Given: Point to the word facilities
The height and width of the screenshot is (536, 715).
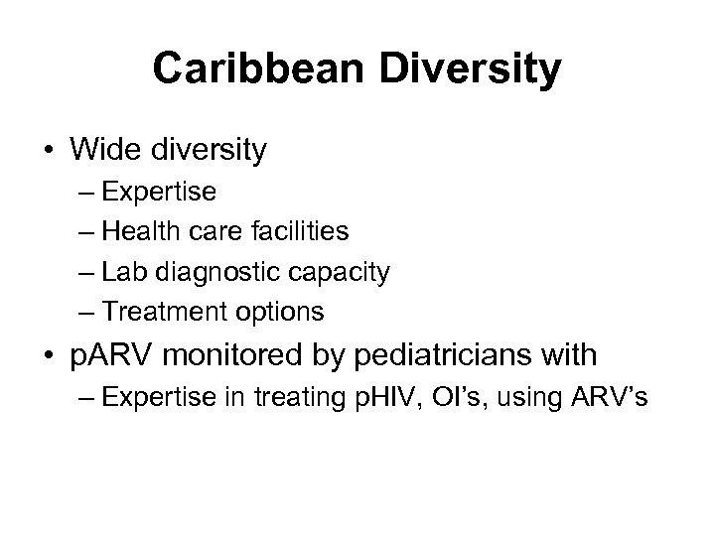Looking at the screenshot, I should click(x=299, y=232).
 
